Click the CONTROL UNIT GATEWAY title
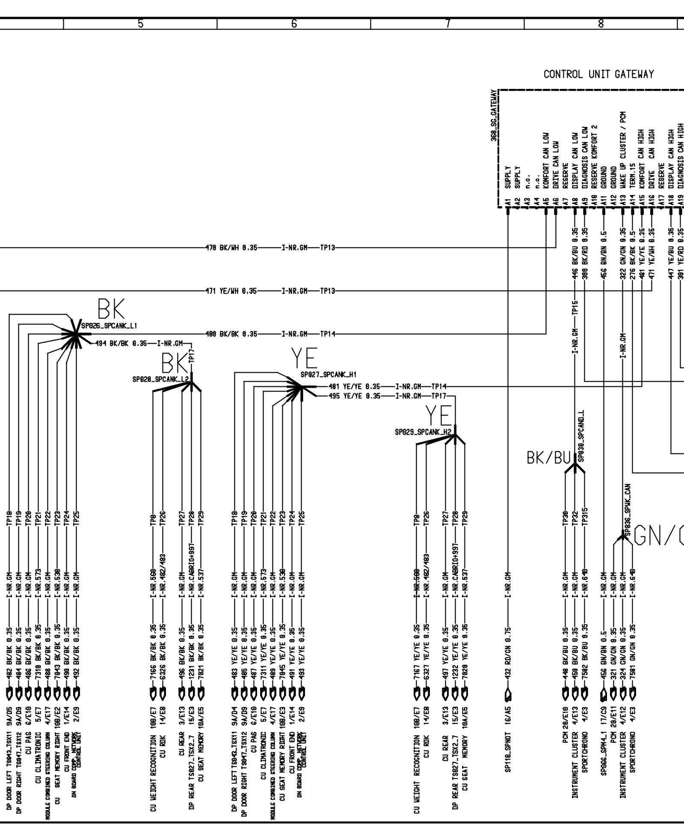tap(598, 74)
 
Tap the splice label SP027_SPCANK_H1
tap(329, 375)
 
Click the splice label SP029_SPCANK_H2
tap(423, 433)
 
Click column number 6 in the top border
tap(294, 24)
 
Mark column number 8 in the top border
tap(601, 24)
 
